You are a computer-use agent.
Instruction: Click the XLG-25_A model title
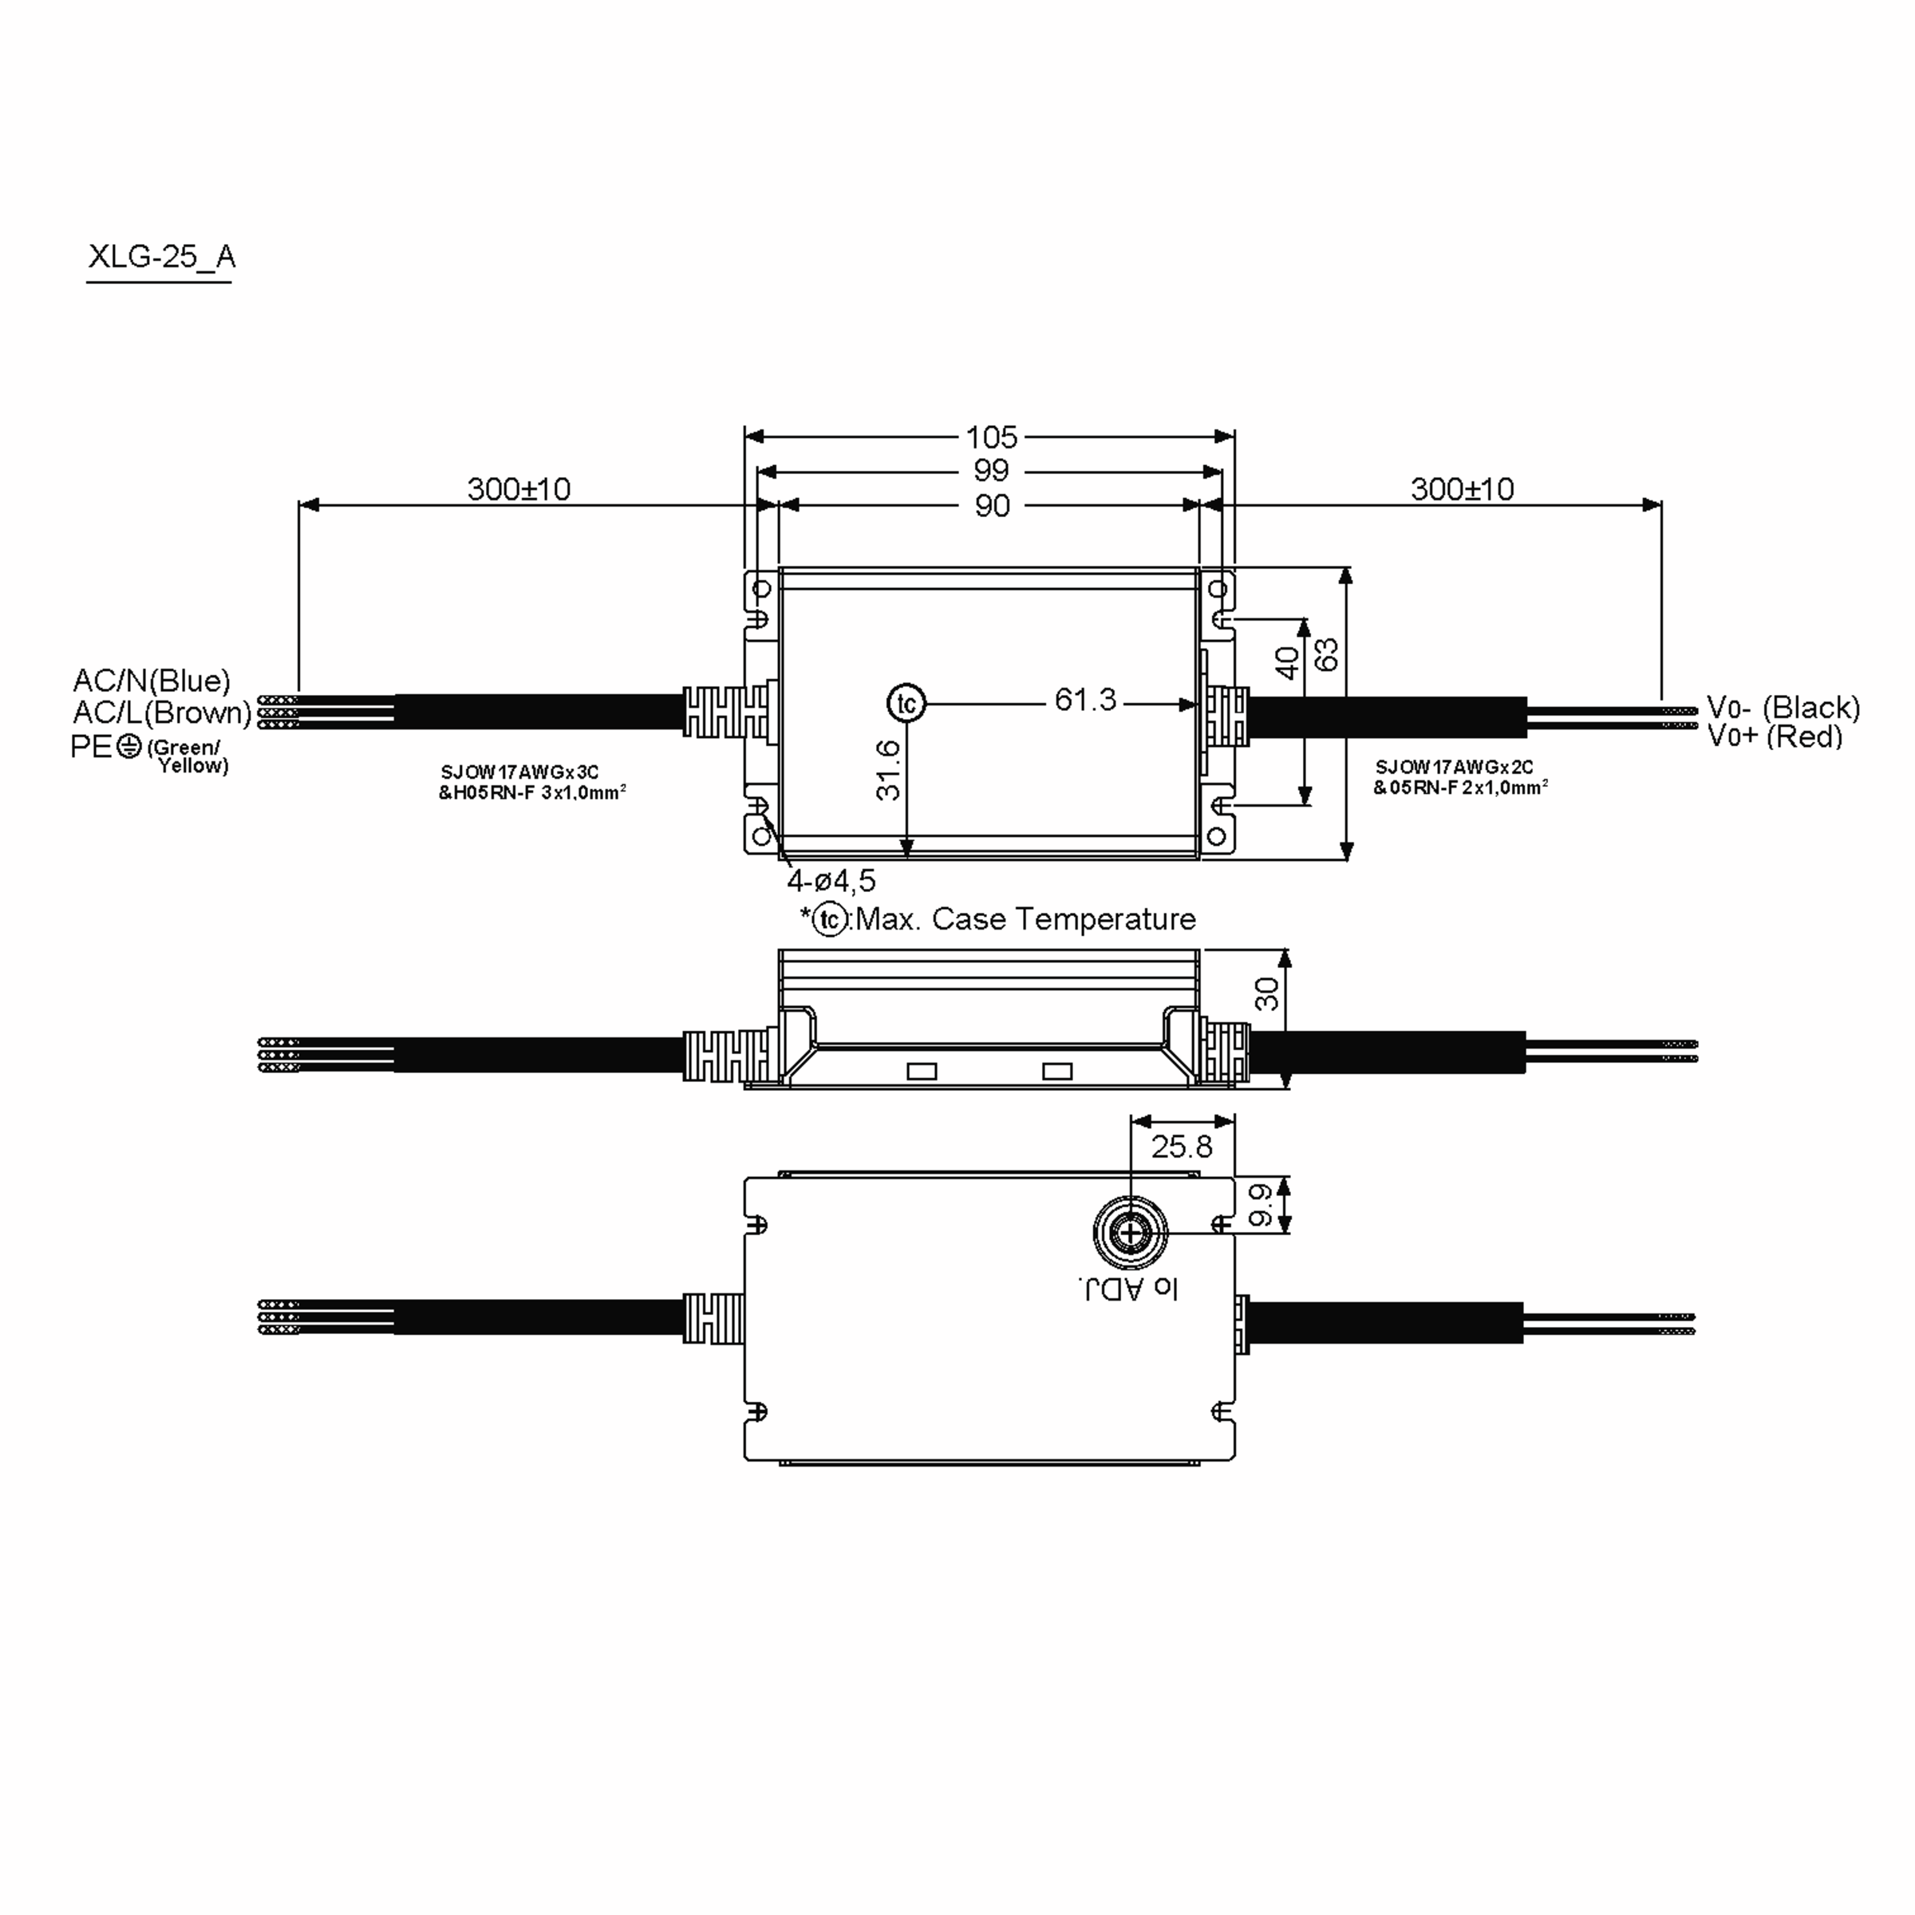[160, 257]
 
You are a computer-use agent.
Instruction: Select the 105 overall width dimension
[990, 437]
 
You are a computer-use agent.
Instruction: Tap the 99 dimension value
[990, 471]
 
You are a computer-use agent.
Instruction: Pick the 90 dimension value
[990, 506]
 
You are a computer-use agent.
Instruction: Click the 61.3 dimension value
[1084, 700]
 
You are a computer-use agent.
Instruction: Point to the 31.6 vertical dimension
[888, 770]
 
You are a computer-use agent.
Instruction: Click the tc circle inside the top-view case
[906, 704]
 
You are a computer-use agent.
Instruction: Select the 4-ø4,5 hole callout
[831, 880]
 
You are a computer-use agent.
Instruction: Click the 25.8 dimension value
[1181, 1147]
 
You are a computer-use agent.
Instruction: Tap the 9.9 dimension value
[1260, 1204]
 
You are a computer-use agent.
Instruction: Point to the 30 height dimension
[1267, 993]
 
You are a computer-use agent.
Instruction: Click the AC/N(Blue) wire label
[152, 680]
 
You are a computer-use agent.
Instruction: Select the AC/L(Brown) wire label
[161, 712]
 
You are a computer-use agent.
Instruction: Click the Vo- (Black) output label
[1783, 708]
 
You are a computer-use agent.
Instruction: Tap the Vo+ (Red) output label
[1775, 736]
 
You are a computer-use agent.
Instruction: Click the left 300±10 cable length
[519, 488]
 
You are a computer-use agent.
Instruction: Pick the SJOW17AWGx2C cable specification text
[1454, 767]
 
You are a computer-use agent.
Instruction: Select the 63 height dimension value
[1325, 654]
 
